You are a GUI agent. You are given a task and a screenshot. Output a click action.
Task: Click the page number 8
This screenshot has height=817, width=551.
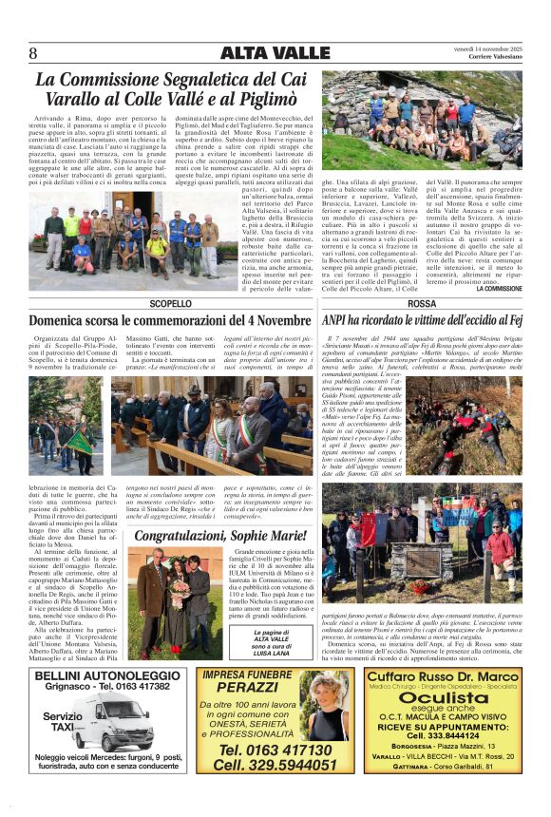point(34,53)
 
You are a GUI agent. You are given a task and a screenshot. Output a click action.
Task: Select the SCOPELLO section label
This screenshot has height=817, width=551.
point(169,303)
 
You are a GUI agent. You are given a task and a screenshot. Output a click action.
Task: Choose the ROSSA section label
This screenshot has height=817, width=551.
point(422,303)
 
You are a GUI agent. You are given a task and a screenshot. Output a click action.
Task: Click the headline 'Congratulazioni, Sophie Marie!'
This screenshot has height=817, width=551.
point(219,537)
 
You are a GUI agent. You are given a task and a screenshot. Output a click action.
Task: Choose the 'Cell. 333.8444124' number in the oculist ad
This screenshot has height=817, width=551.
point(444,734)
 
